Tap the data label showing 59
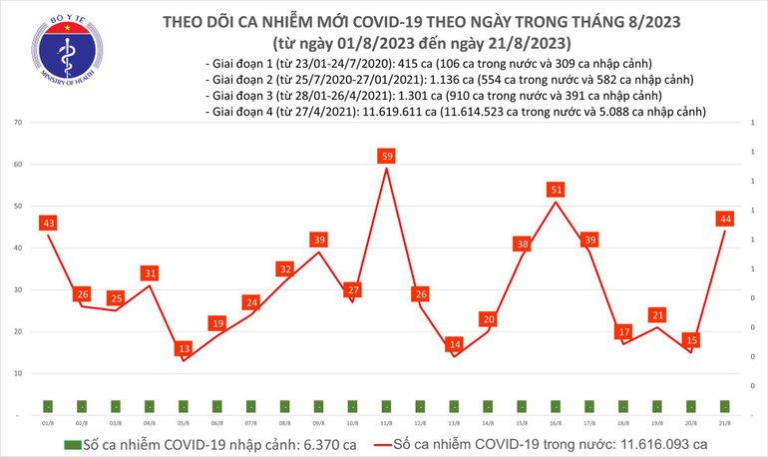[x=386, y=156]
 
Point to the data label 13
[x=183, y=348]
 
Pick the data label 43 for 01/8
[x=47, y=223]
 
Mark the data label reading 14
[x=454, y=344]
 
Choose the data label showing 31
[x=149, y=272]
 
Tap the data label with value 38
[x=522, y=243]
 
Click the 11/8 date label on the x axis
[x=386, y=423]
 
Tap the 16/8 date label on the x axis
[x=556, y=423]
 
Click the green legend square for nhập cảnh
[x=70, y=443]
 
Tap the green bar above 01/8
[x=47, y=406]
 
